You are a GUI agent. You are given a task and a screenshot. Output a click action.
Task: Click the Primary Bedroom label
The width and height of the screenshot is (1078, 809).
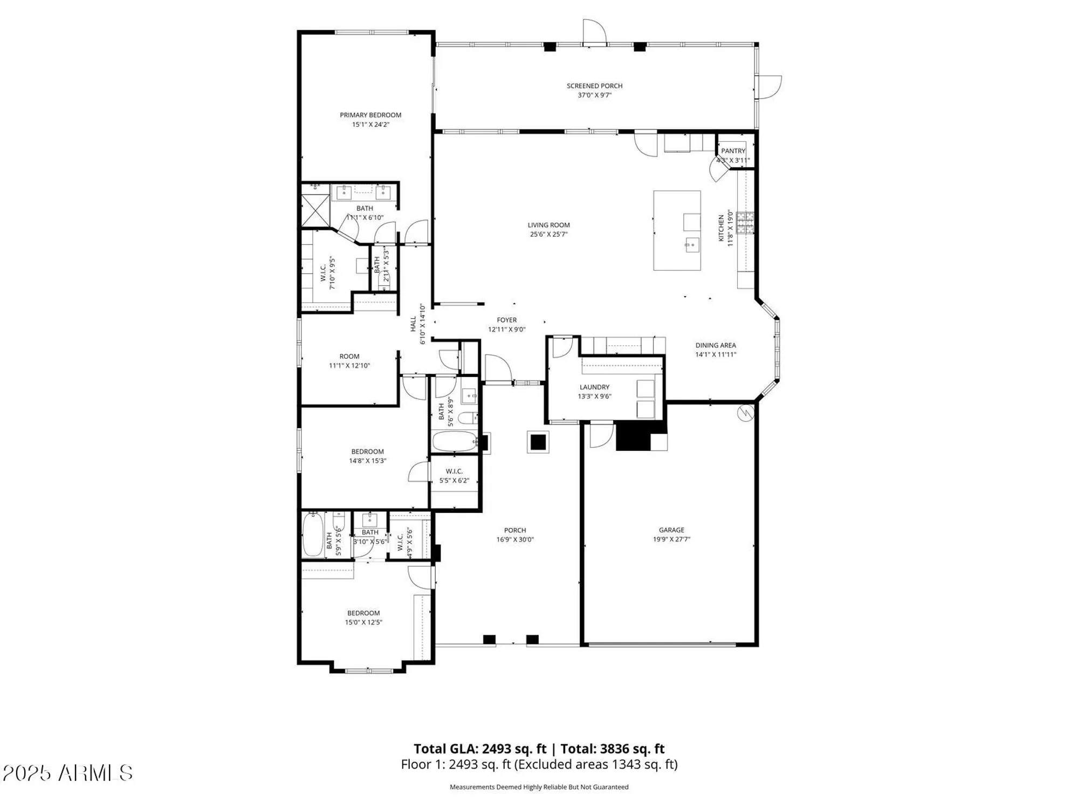pyautogui.click(x=370, y=115)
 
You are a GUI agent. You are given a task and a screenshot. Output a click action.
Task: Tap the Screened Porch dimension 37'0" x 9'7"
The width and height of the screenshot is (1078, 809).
pyautogui.click(x=594, y=95)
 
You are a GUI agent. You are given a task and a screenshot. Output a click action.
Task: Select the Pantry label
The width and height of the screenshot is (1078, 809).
pyautogui.click(x=733, y=151)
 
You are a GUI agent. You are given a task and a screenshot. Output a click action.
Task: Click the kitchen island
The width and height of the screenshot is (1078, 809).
pyautogui.click(x=676, y=230)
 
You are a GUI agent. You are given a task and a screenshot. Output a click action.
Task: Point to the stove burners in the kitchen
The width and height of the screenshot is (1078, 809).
pyautogui.click(x=745, y=223)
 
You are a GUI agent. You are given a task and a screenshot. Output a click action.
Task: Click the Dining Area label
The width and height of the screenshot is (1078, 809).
pyautogui.click(x=715, y=345)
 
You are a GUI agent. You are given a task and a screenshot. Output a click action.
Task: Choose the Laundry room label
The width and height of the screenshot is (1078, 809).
pyautogui.click(x=594, y=387)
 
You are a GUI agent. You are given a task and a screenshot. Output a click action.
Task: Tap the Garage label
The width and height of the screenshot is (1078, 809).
pyautogui.click(x=671, y=530)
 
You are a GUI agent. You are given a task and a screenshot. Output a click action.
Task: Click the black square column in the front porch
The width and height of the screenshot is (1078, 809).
pyautogui.click(x=538, y=442)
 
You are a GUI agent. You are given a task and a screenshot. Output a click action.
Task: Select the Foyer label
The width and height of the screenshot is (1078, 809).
pyautogui.click(x=506, y=320)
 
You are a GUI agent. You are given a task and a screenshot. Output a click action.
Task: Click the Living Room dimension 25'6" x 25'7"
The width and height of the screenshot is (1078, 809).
pyautogui.click(x=548, y=235)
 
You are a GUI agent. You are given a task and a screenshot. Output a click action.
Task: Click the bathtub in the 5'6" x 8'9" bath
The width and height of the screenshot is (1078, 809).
pyautogui.click(x=454, y=441)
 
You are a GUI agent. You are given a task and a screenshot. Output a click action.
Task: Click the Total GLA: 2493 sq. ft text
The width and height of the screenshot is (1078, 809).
pyautogui.click(x=480, y=749)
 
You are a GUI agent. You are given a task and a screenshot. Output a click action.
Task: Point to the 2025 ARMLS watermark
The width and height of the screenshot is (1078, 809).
pyautogui.click(x=67, y=773)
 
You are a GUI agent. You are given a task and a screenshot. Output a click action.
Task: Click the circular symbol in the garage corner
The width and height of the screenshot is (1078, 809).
pyautogui.click(x=745, y=413)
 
